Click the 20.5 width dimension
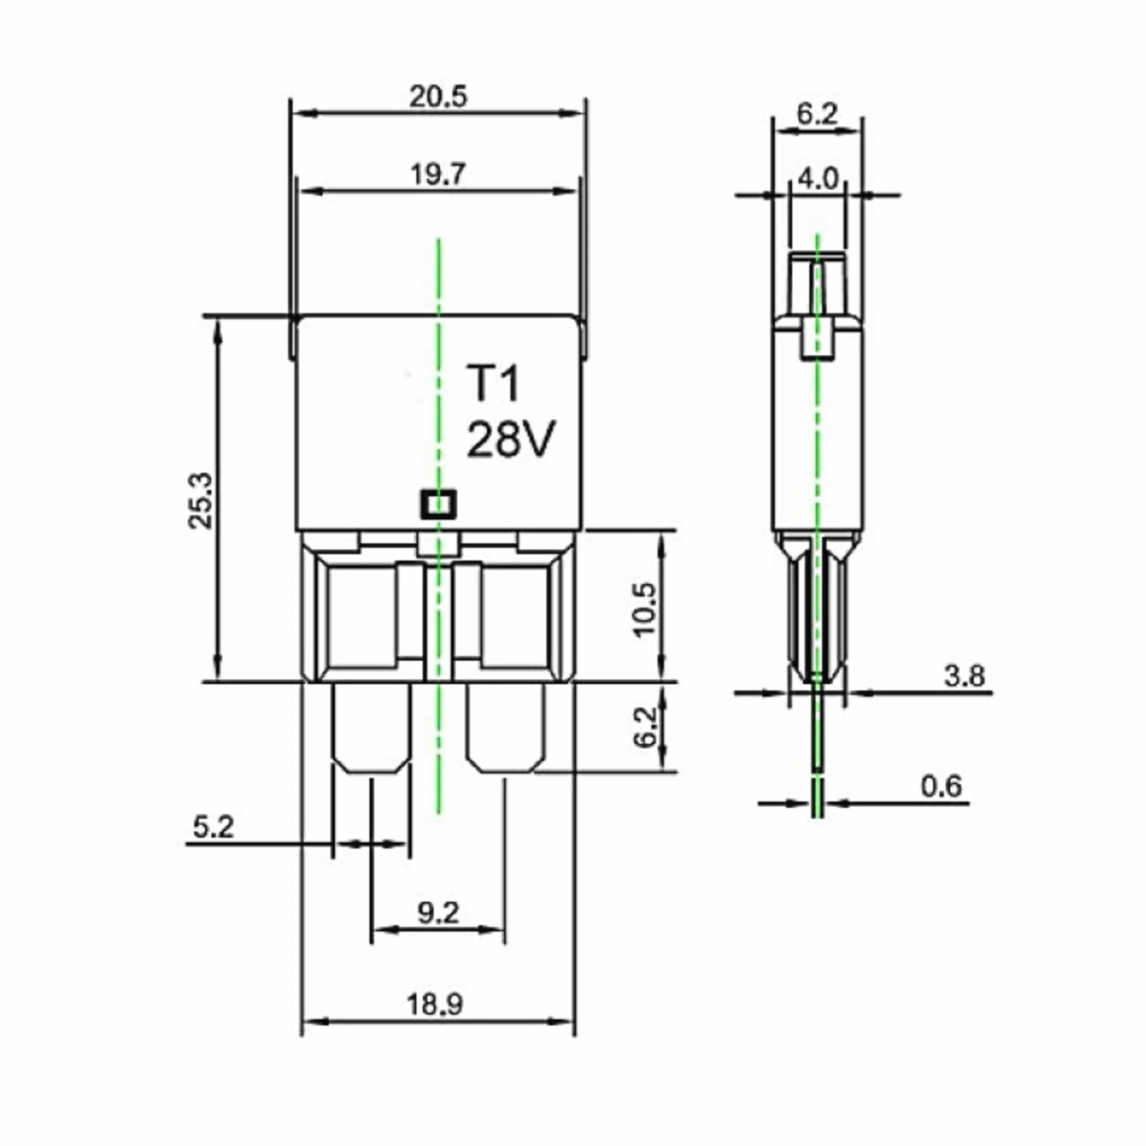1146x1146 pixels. click(438, 96)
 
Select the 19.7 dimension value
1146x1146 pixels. click(438, 175)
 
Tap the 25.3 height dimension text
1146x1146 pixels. click(200, 500)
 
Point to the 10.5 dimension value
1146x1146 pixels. click(644, 610)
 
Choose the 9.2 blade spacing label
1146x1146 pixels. click(438, 913)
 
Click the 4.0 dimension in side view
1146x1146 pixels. click(818, 179)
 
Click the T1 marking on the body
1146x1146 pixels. click(492, 384)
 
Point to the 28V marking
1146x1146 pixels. click(511, 439)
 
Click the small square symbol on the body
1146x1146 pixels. click(438, 505)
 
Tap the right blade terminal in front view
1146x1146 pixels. click(505, 728)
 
